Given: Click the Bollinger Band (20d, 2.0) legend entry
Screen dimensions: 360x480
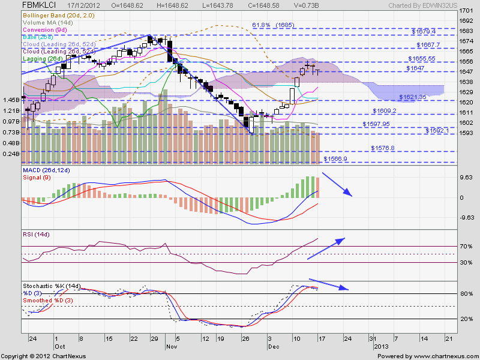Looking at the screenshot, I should point(55,14).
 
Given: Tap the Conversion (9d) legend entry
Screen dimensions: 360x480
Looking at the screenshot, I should point(44,29).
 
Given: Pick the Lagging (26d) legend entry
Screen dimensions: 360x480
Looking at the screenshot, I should point(41,59).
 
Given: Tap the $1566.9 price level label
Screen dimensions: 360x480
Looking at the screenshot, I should point(335,159).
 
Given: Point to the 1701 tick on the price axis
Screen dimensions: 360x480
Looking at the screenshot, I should point(465,11).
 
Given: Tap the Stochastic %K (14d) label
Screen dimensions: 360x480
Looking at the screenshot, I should point(51,286).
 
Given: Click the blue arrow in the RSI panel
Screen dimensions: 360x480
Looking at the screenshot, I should point(327,249).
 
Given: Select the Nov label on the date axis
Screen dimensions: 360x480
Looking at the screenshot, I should point(171,347).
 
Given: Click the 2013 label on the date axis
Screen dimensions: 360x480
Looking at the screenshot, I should point(382,347).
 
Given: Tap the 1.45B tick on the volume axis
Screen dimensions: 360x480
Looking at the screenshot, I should point(10,100).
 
